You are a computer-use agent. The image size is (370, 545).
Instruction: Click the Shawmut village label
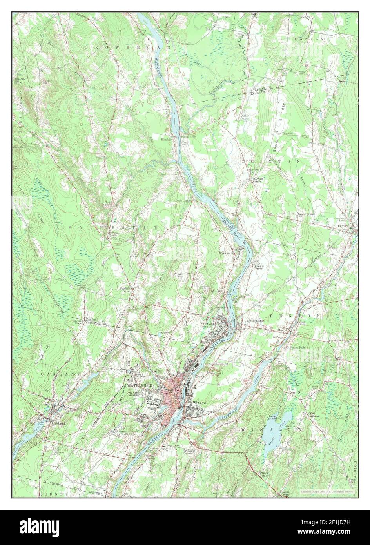click(x=226, y=253)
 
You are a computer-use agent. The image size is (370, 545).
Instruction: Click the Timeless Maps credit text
click(x=327, y=492)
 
